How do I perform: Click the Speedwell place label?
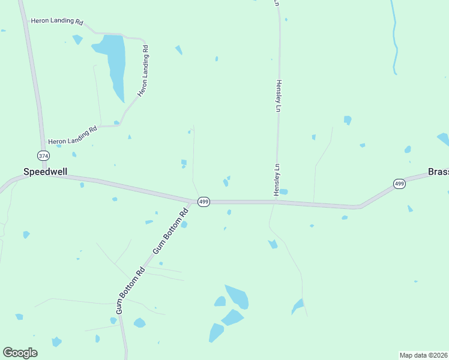[45, 171]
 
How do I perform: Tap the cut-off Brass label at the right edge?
[438, 172]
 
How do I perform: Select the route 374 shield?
[43, 155]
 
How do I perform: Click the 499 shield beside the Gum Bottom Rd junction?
[203, 202]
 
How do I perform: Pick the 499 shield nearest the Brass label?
[399, 184]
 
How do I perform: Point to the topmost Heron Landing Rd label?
[57, 21]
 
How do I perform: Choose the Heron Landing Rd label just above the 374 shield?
[73, 135]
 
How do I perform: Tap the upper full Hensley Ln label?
[278, 97]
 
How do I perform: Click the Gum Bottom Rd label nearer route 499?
[171, 230]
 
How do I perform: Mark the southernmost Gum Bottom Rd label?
[130, 290]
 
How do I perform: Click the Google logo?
[20, 353]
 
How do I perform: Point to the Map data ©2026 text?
[423, 355]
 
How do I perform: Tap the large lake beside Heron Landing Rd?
[114, 60]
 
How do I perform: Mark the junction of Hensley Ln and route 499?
[276, 202]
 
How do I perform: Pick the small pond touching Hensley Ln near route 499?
[283, 192]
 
